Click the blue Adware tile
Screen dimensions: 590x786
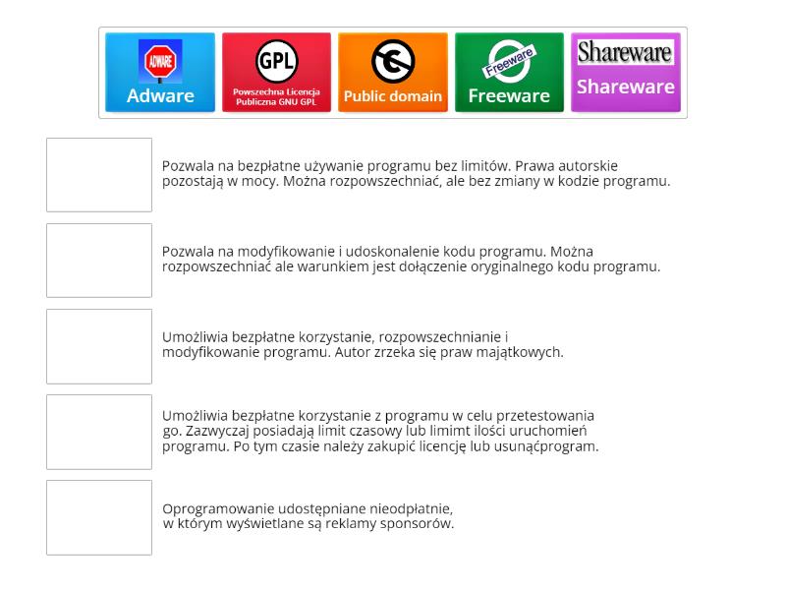[x=160, y=73]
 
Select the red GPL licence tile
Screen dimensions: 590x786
[x=276, y=73]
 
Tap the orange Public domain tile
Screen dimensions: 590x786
[x=392, y=73]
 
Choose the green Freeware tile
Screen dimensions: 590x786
[x=508, y=73]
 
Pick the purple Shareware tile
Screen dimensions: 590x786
[x=625, y=73]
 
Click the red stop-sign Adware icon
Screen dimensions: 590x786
[x=160, y=61]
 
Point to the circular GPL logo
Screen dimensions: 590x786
[x=276, y=61]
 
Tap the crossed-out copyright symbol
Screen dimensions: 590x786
[x=392, y=61]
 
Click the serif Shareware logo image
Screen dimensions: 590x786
[x=625, y=53]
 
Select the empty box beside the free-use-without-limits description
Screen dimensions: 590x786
[x=99, y=175]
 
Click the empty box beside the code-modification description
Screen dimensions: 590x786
[x=99, y=261]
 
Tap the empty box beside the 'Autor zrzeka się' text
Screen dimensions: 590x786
[x=99, y=346]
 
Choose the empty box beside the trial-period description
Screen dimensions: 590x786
[x=99, y=432]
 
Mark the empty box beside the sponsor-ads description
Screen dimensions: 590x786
[x=99, y=517]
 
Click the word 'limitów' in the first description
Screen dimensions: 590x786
[x=485, y=166]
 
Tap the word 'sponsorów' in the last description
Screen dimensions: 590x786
[x=421, y=524]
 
